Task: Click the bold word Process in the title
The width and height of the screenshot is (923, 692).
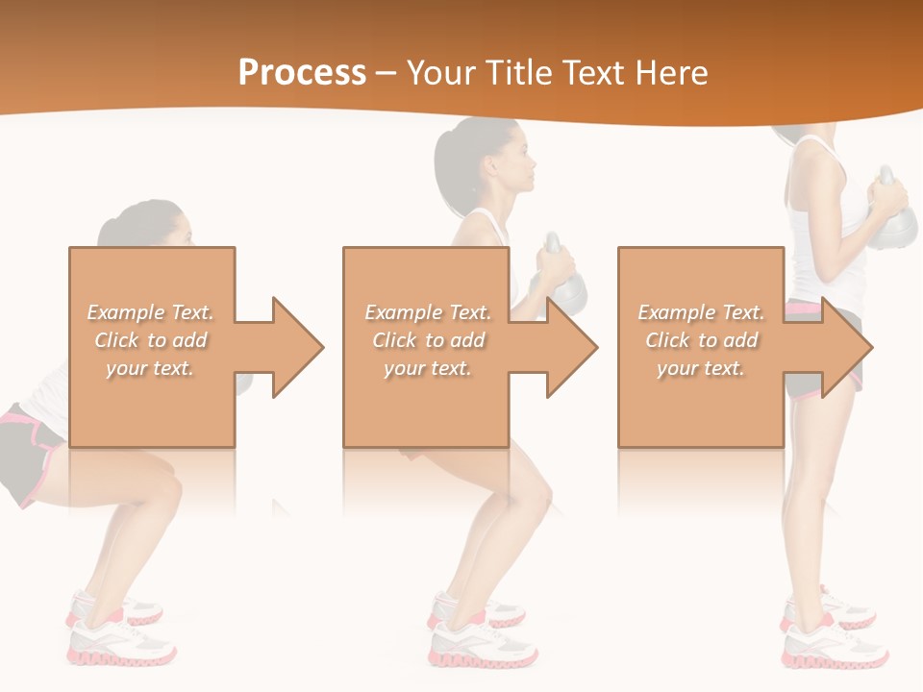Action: (302, 73)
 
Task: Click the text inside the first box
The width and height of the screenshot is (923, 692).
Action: (151, 340)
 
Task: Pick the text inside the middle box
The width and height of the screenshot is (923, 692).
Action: (427, 340)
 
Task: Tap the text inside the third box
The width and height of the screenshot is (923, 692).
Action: (701, 340)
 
